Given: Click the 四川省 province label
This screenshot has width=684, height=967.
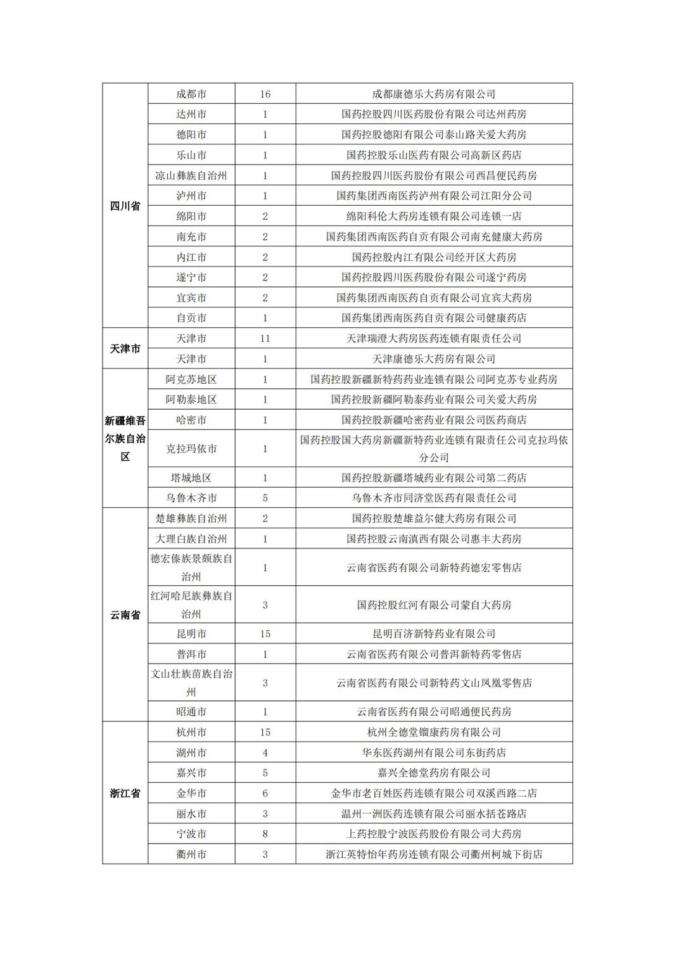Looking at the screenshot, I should coord(125,206).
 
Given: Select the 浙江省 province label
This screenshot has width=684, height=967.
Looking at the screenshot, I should coord(125,793).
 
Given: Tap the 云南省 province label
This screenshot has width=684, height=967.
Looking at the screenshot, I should coord(125,615).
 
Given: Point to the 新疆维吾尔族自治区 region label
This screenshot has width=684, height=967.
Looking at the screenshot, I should coord(125,438).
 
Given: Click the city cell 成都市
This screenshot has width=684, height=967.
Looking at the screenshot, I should coord(191,94).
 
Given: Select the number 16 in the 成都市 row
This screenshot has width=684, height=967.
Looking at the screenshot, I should coord(265,94).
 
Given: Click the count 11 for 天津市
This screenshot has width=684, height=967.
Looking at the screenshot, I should coord(265,338).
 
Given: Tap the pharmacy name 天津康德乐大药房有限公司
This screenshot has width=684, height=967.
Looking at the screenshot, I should coord(434,358).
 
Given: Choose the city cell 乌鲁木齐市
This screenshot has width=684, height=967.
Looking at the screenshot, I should coord(191,498).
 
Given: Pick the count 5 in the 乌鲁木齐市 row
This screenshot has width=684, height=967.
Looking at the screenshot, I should coord(265,498).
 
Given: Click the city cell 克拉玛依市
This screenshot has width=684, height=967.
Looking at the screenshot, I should coord(191,448).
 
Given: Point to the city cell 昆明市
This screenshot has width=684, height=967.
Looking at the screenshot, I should coord(191,633).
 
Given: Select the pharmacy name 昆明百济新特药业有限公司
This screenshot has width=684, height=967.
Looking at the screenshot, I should coord(434,633).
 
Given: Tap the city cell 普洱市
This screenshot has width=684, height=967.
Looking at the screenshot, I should coord(191,654).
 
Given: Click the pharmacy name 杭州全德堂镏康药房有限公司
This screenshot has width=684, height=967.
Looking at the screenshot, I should coord(434,732).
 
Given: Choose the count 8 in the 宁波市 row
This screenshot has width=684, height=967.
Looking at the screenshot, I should coord(265,833).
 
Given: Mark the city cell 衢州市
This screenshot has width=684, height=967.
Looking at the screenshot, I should coord(191,854).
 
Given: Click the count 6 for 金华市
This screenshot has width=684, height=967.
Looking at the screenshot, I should coord(265,793).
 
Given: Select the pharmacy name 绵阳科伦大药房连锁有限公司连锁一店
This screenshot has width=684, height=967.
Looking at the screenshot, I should coord(434,216).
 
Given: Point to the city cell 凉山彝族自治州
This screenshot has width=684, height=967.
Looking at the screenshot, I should coord(191,175).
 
